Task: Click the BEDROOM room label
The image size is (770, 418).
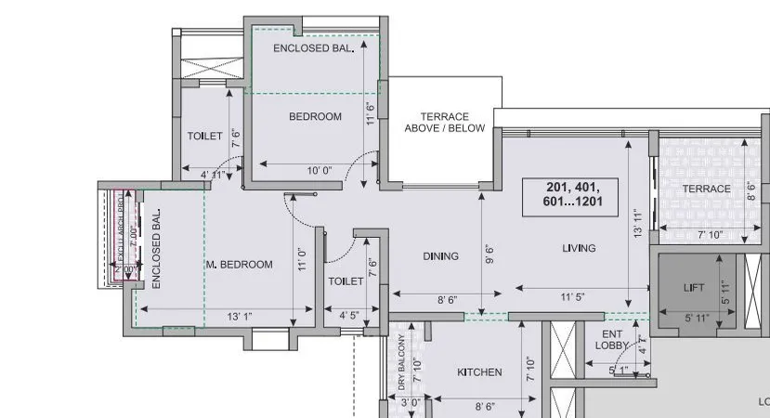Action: [x=315, y=117]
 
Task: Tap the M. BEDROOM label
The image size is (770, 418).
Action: [x=240, y=265]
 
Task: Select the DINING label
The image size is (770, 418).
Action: [x=441, y=256]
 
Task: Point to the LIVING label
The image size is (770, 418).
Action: [x=579, y=248]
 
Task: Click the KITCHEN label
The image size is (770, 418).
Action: [x=479, y=372]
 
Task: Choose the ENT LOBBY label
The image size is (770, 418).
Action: [x=610, y=339]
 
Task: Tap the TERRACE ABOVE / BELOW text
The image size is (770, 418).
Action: [x=444, y=123]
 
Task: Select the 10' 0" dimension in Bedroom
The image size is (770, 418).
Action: [x=319, y=170]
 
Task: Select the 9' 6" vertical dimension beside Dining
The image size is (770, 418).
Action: [x=489, y=254]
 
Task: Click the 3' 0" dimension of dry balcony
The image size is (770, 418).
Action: [x=408, y=404]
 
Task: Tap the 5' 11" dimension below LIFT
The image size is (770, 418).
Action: [x=697, y=319]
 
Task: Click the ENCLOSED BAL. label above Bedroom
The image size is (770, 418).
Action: [x=314, y=49]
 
